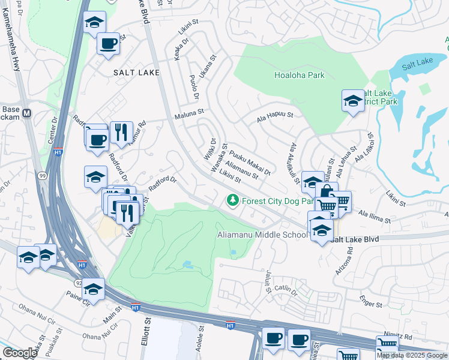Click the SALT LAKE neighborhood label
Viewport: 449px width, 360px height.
click(x=136, y=73)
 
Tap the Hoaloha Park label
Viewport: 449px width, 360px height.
click(x=299, y=75)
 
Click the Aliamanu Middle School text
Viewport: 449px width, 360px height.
click(x=262, y=235)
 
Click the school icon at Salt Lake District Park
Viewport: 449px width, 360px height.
click(x=353, y=101)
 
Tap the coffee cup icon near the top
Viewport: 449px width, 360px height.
click(x=108, y=44)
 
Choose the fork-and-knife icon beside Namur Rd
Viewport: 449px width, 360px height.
click(x=121, y=131)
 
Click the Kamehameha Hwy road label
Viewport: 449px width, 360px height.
click(x=15, y=42)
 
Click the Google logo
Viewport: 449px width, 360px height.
click(x=20, y=353)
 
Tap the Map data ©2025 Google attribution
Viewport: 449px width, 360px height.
click(x=412, y=355)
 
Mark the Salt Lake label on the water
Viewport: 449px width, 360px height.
click(x=417, y=64)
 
